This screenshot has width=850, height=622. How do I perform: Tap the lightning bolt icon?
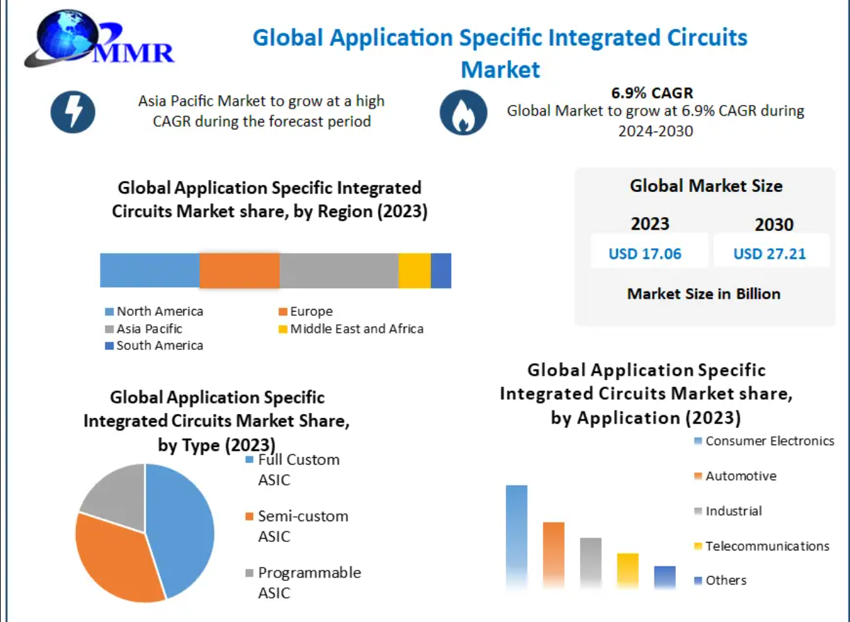click(73, 112)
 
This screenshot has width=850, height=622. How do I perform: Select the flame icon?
click(463, 112)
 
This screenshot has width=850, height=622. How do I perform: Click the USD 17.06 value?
click(645, 254)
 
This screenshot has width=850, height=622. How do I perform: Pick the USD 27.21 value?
click(769, 254)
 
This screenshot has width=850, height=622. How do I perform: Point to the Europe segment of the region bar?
click(239, 271)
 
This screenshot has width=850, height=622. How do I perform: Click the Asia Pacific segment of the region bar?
click(339, 271)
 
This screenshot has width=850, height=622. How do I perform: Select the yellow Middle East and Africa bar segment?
click(414, 271)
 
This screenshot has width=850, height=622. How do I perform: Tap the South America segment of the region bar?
click(441, 271)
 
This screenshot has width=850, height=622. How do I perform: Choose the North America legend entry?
click(155, 312)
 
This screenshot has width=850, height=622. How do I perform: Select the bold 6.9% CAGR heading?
click(652, 93)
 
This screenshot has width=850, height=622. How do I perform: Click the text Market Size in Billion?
click(704, 294)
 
